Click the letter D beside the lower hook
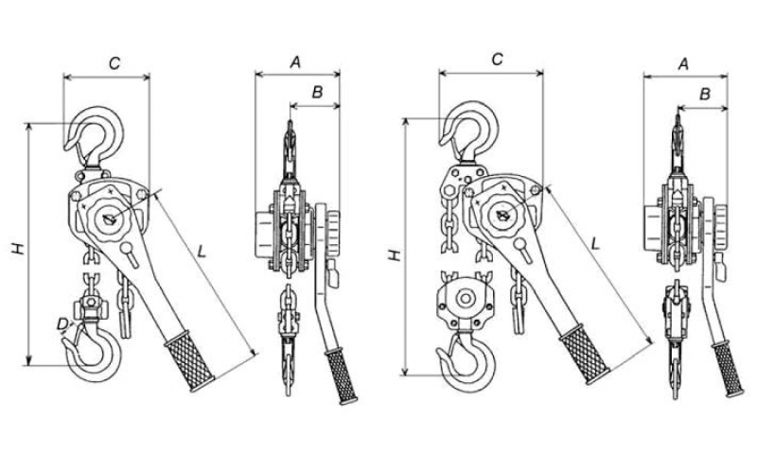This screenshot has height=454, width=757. pyautogui.click(x=62, y=323)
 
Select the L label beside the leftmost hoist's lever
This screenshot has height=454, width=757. pyautogui.click(x=202, y=251)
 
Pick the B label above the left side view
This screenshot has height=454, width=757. pyautogui.click(x=318, y=92)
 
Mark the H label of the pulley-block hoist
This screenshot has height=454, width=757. pyautogui.click(x=395, y=254)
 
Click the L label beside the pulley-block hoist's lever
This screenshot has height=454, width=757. pyautogui.click(x=594, y=242)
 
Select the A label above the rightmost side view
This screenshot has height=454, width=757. pyautogui.click(x=683, y=62)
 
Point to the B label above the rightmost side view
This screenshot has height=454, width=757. pyautogui.click(x=705, y=94)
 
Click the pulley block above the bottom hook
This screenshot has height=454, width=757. pyautogui.click(x=464, y=302)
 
